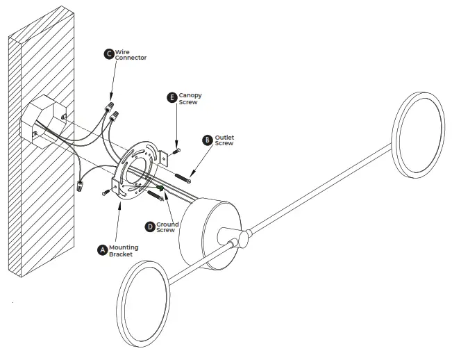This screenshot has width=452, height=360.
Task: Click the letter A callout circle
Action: click(103, 248)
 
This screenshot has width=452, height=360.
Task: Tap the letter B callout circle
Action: click(207, 140)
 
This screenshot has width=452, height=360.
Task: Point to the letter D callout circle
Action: click(150, 227)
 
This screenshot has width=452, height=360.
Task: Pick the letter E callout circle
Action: click(171, 98)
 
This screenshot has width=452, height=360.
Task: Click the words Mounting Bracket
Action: click(124, 251)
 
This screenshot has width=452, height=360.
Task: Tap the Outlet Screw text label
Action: click(224, 140)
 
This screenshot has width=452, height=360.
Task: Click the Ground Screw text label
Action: click(167, 227)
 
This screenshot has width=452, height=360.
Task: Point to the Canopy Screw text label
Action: click(190, 98)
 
